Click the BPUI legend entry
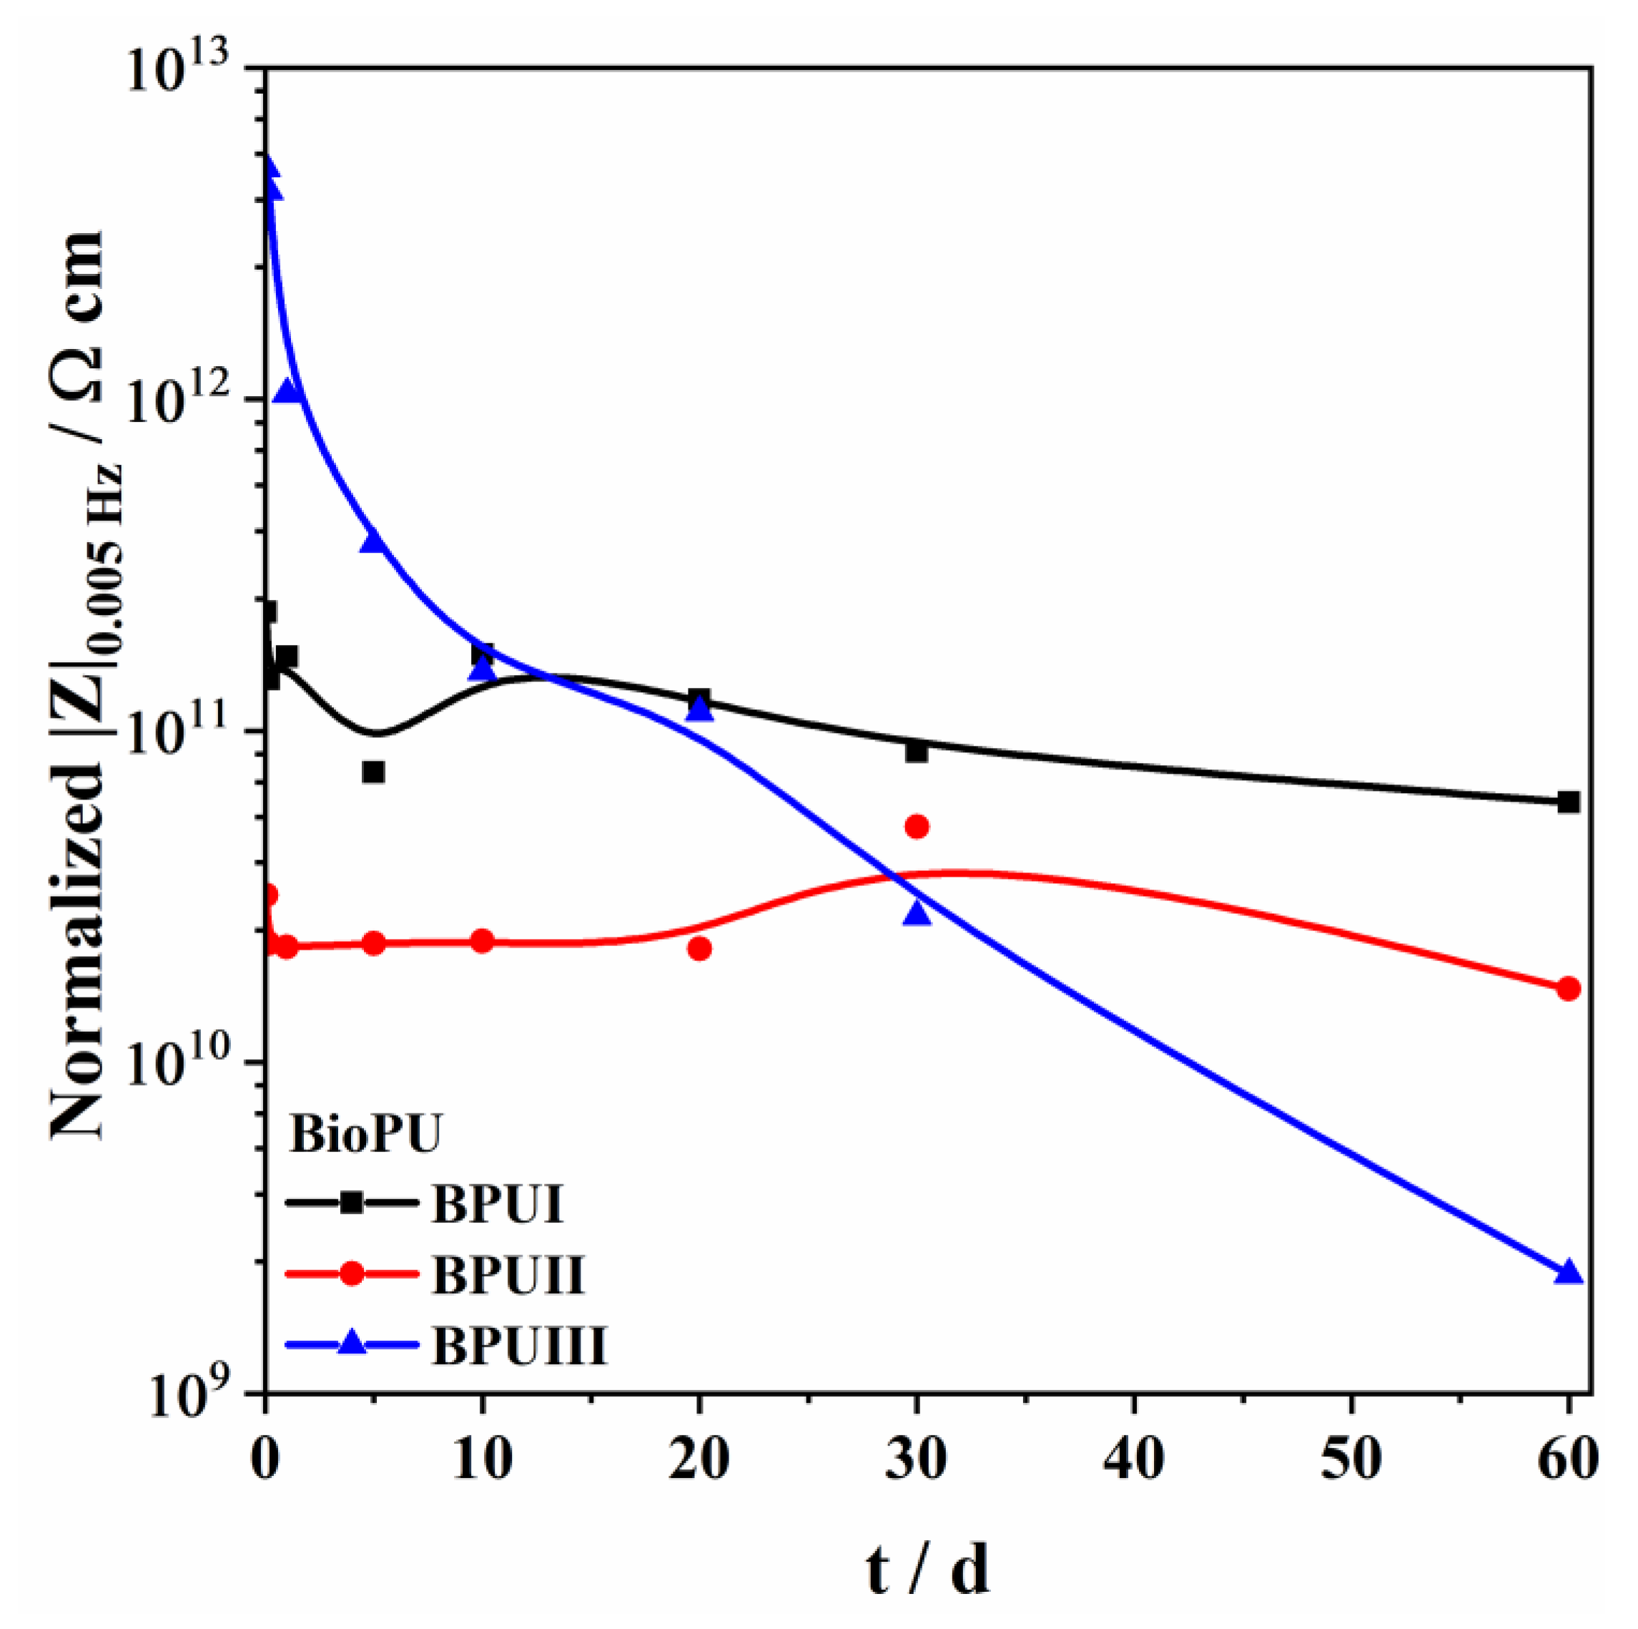pyautogui.click(x=497, y=1203)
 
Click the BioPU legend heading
pyautogui.click(x=365, y=1133)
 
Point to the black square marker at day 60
pyautogui.click(x=1569, y=802)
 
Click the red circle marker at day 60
pyautogui.click(x=1569, y=989)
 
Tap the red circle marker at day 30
pyautogui.click(x=917, y=826)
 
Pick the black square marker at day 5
pyautogui.click(x=374, y=772)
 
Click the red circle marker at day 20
pyautogui.click(x=699, y=948)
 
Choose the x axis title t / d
pyautogui.click(x=928, y=1569)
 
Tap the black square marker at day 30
pyautogui.click(x=917, y=752)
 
